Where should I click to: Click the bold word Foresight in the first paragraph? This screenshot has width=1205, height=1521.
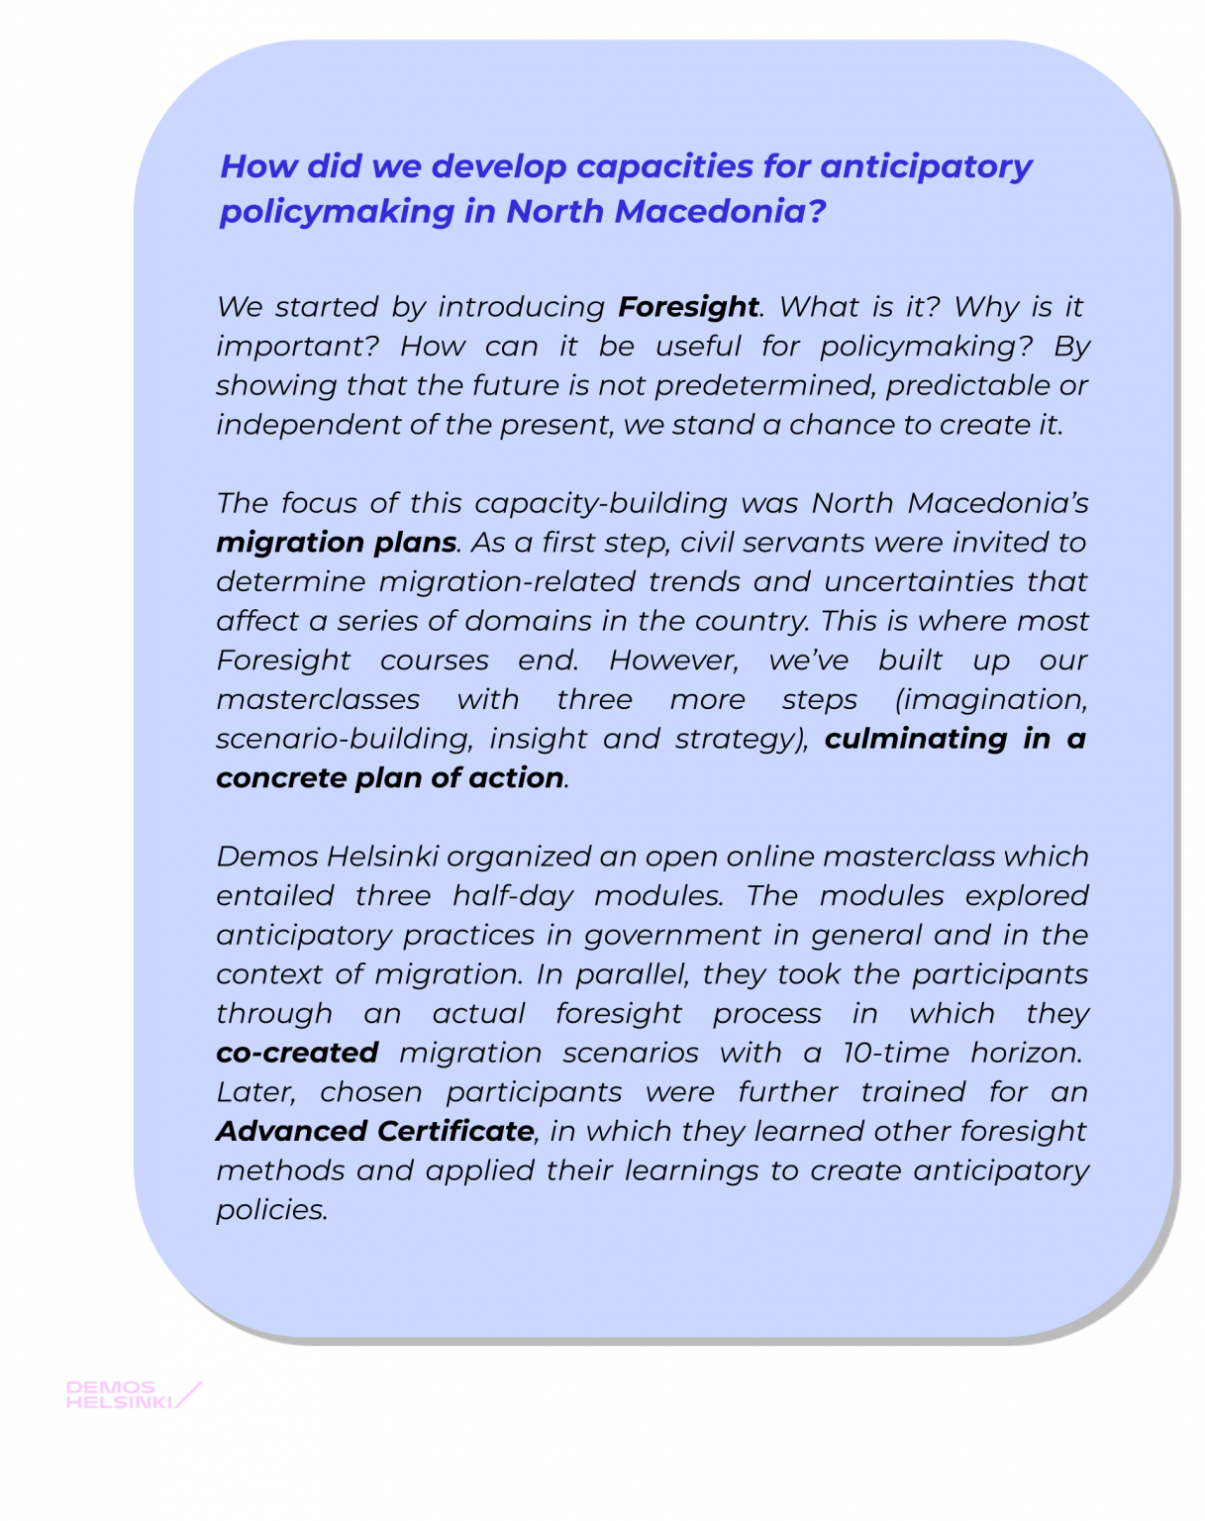click(688, 307)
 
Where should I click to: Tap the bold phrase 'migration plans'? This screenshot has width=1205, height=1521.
click(337, 543)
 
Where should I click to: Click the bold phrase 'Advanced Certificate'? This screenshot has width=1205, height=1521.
click(375, 1131)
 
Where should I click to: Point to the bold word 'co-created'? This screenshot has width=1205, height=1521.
click(297, 1053)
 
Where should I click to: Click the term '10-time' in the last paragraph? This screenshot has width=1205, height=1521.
click(895, 1053)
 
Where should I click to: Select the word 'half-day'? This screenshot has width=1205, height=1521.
click(513, 896)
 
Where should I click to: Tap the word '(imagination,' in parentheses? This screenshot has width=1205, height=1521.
click(991, 699)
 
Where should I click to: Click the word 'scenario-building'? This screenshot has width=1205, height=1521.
click(343, 739)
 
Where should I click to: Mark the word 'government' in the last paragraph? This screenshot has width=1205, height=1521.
click(673, 935)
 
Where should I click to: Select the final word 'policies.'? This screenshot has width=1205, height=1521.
click(272, 1210)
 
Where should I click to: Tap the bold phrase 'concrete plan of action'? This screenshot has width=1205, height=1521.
click(390, 778)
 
